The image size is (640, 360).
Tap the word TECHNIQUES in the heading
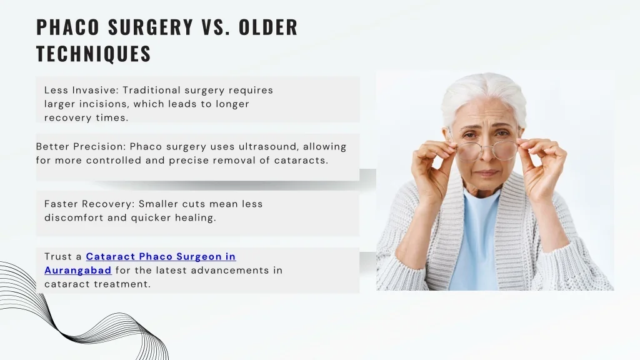click(94, 54)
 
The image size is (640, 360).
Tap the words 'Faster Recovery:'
click(89, 204)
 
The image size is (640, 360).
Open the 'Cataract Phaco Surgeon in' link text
click(161, 256)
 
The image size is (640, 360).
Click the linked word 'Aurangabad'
click(77, 270)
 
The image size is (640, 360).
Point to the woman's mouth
click(487, 173)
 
